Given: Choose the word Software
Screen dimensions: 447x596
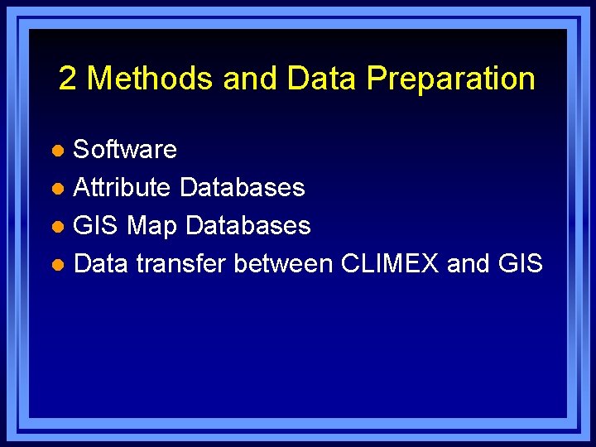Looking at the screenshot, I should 125,149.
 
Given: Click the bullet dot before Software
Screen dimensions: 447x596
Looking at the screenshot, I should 56,151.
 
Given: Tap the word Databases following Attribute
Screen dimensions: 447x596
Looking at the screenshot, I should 242,187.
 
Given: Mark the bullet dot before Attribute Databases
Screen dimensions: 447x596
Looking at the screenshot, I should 56,189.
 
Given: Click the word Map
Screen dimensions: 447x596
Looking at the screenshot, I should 152,226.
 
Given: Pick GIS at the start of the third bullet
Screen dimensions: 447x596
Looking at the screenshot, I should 97,225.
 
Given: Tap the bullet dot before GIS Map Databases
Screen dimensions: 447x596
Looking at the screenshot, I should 56,227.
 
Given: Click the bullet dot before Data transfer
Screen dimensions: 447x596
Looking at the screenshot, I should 56,265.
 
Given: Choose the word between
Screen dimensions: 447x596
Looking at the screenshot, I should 284,263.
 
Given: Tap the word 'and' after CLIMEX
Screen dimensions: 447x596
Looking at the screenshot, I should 468,263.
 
